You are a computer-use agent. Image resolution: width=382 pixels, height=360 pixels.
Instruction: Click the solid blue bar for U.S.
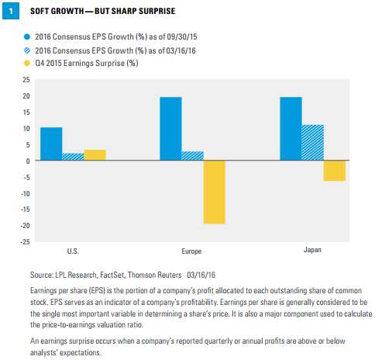pyautogui.click(x=51, y=144)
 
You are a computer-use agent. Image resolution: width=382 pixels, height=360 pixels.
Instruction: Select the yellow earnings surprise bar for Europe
pyautogui.click(x=215, y=192)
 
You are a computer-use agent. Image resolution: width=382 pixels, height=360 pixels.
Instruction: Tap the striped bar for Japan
pyautogui.click(x=313, y=143)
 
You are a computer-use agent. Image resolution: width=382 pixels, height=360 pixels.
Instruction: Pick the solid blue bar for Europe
pyautogui.click(x=170, y=129)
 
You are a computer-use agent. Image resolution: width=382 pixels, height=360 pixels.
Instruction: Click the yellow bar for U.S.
pyautogui.click(x=95, y=155)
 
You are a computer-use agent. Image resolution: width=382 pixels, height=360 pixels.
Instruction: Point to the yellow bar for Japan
pyautogui.click(x=335, y=171)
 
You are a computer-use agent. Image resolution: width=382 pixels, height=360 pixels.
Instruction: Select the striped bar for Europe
pyautogui.click(x=193, y=156)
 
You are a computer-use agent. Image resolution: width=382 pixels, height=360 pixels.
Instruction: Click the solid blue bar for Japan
pyautogui.click(x=291, y=129)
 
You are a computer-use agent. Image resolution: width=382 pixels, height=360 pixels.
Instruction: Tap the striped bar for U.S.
pyautogui.click(x=73, y=157)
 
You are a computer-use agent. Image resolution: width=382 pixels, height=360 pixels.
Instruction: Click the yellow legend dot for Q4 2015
pyautogui.click(x=27, y=63)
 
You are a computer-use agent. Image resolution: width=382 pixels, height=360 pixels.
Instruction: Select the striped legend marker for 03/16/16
pyautogui.click(x=27, y=50)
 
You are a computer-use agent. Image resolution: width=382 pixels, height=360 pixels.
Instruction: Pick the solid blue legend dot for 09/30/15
pyautogui.click(x=27, y=36)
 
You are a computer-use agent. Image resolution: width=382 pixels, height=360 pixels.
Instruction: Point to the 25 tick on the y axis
pyautogui.click(x=26, y=80)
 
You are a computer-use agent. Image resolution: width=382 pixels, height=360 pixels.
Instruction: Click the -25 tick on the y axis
pyautogui.click(x=26, y=242)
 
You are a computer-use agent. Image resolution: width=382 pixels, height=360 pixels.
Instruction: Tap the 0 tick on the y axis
pyautogui.click(x=28, y=161)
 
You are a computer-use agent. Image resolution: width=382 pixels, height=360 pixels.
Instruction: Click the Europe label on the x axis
pyautogui.click(x=191, y=251)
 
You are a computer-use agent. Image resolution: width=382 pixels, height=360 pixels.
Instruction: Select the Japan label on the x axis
pyautogui.click(x=312, y=250)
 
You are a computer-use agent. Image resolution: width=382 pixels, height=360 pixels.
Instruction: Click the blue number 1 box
pyautogui.click(x=11, y=11)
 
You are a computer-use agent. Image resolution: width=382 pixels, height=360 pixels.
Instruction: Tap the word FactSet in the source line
pyautogui.click(x=112, y=275)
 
